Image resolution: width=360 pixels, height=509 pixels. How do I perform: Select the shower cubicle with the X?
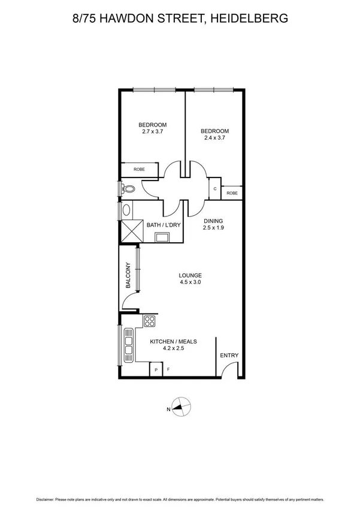pos(131,231)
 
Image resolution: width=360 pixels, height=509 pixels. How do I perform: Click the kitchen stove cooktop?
pos(149,321)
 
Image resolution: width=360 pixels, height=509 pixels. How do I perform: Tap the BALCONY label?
pos(128,276)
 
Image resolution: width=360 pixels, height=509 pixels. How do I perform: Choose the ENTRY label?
pos(229,356)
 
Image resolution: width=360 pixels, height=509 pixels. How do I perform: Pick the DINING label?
pos(213,221)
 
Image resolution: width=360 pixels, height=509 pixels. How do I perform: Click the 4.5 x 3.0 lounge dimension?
pos(190,282)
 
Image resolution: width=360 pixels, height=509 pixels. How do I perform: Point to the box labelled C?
pos(215,189)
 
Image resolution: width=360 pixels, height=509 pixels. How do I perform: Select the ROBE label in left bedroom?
pos(139,170)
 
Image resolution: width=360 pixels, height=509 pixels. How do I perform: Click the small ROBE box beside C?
pos(232,193)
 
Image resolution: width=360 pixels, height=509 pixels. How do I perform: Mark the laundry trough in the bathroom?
pos(162,237)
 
